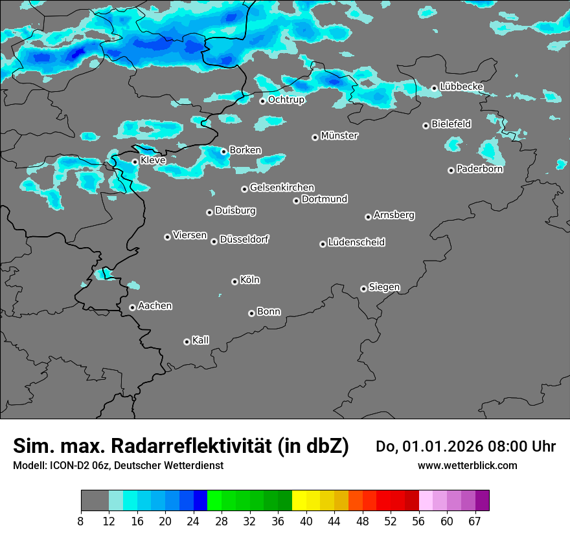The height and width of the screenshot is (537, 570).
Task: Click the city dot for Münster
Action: pos(315,137)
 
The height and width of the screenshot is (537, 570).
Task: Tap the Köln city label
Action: pos(250,280)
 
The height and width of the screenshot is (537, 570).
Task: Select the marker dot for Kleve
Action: pos(135,162)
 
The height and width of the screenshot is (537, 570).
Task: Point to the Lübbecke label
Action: pos(461,87)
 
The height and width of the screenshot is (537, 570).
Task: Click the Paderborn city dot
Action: pos(451,170)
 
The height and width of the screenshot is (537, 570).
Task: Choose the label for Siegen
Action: pos(384,287)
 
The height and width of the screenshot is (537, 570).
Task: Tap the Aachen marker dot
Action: pos(132,307)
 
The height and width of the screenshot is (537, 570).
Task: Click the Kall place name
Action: pos(201,340)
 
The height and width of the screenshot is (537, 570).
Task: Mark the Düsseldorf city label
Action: pos(244,239)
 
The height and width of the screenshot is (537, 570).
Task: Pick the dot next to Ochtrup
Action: pos(262,101)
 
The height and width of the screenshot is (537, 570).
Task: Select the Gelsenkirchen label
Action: pos(282,188)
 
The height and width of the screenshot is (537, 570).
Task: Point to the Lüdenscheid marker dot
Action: pos(323,244)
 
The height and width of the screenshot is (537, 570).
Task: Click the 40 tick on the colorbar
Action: pos(306,521)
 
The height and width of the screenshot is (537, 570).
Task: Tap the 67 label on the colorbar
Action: pos(475,521)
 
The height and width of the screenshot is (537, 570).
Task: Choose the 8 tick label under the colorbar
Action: pos(82,521)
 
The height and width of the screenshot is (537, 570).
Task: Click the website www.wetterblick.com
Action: pos(467,466)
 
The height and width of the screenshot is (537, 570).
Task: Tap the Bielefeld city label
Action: pos(451,124)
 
